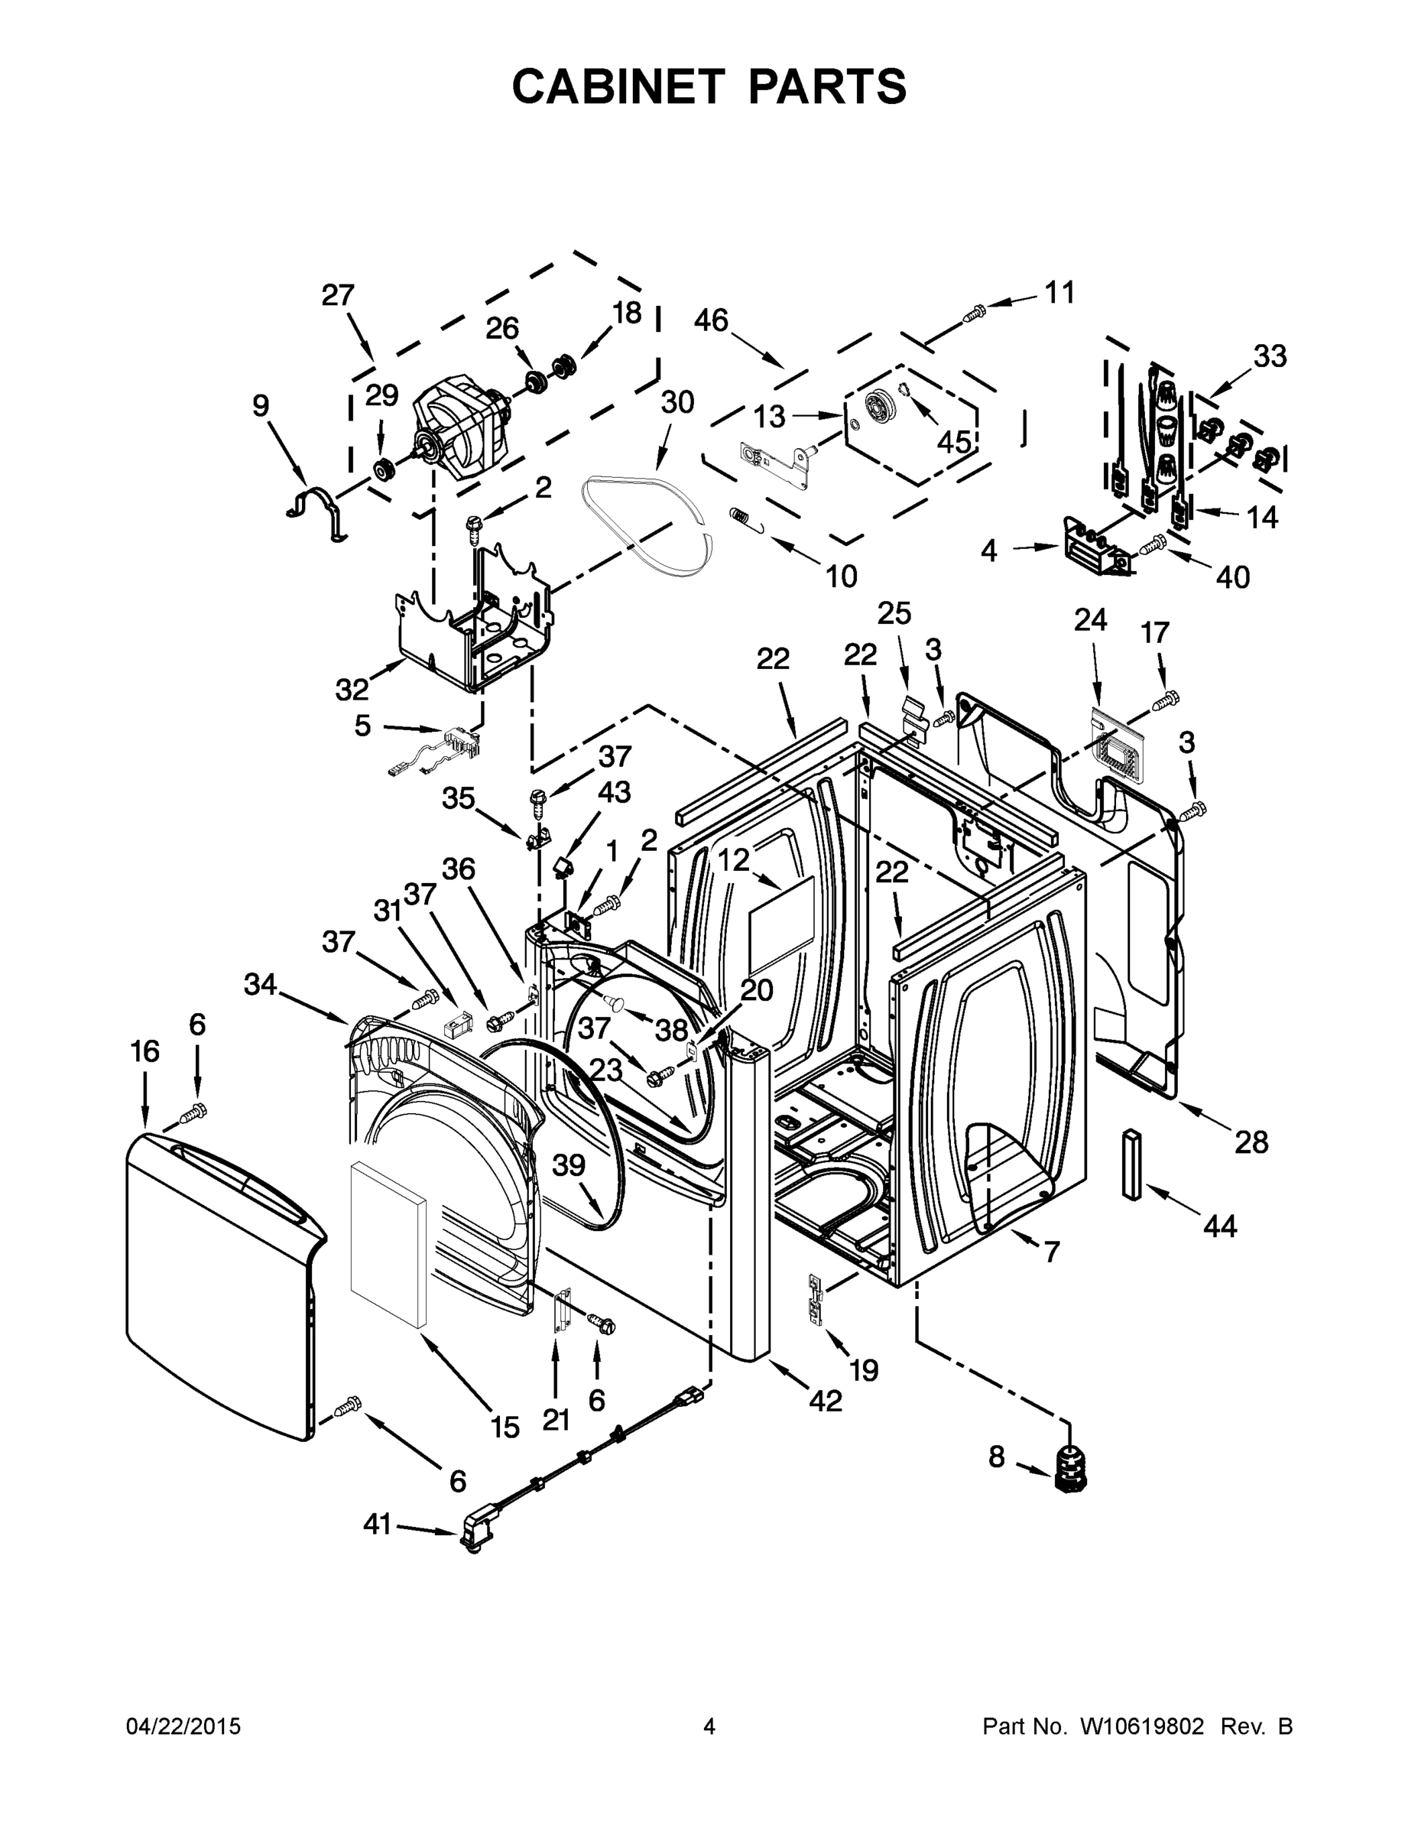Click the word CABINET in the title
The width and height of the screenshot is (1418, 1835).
(618, 86)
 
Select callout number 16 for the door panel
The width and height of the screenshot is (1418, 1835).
(144, 1051)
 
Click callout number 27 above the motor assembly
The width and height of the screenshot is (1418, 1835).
(338, 296)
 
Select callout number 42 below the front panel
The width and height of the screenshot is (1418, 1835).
(825, 1400)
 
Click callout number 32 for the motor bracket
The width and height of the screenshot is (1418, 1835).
(352, 690)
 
